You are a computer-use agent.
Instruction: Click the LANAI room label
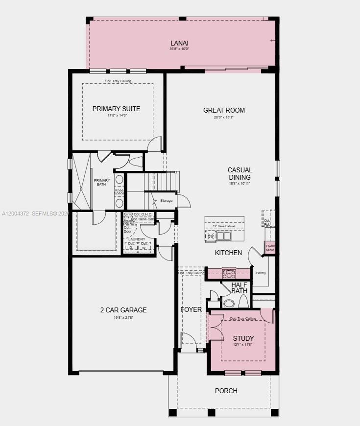pos(179,43)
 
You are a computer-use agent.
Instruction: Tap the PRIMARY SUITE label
pos(116,109)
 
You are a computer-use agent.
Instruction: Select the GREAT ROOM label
pos(224,110)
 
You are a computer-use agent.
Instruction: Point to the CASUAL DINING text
pos(240,174)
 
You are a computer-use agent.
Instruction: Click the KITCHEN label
pos(228,253)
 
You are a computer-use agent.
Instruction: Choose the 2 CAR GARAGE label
pos(123,310)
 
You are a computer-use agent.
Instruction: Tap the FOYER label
pos(191,309)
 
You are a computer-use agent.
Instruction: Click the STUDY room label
pos(243,338)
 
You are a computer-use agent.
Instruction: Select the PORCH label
pos(226,391)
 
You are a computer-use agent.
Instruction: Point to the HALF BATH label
pos(240,288)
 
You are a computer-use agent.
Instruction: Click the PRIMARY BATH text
pos(102,183)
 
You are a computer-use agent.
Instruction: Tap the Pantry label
pos(261,273)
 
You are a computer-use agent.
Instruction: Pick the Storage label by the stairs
pos(166,201)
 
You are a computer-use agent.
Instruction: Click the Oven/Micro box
pos(270,248)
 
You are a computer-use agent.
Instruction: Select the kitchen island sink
pos(224,237)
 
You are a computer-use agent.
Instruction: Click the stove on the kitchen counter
pos(229,273)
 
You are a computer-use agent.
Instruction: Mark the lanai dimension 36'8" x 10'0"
pos(179,49)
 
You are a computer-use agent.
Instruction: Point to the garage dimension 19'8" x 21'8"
pos(123,317)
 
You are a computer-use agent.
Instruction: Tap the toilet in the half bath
pos(229,303)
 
